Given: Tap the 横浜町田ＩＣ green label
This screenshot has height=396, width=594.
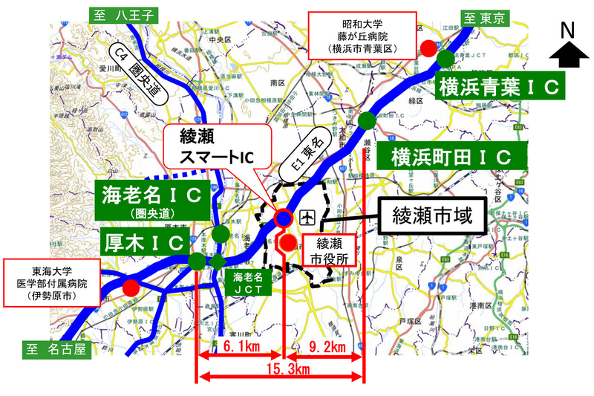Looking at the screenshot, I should [451, 158].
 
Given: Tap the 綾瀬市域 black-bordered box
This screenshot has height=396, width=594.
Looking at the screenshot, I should [434, 218].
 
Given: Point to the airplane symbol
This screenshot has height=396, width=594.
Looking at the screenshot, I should [306, 218].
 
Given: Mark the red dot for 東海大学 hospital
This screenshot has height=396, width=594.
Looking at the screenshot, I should [131, 287].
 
